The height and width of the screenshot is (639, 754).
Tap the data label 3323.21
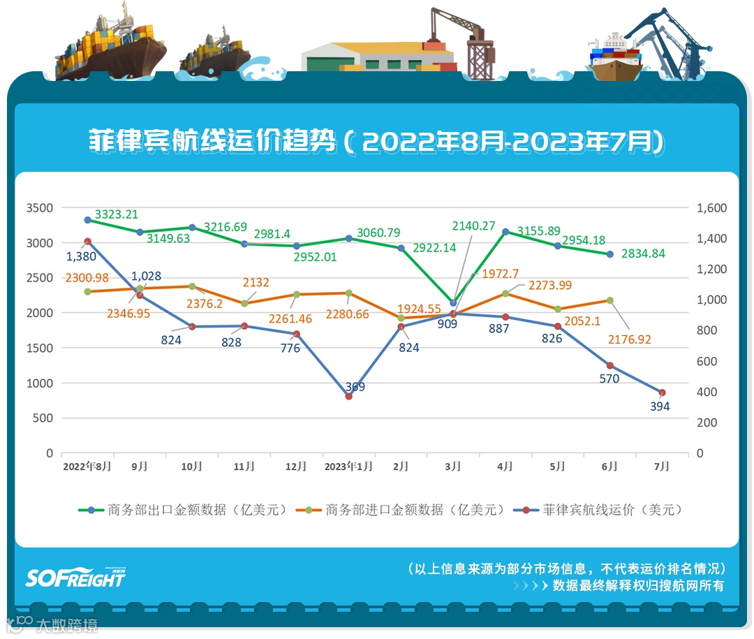(x=117, y=214)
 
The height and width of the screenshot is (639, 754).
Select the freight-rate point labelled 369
(x=348, y=396)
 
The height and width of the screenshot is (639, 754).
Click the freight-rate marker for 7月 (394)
(x=662, y=392)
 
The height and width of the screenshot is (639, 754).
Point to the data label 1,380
(x=80, y=256)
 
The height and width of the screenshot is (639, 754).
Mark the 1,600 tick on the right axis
(x=711, y=208)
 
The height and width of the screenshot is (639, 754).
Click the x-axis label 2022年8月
(x=87, y=467)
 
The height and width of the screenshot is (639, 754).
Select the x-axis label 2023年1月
(x=348, y=467)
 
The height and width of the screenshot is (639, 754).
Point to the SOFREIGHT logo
(x=75, y=577)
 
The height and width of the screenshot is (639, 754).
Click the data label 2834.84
(x=643, y=254)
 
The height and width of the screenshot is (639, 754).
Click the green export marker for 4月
(x=505, y=232)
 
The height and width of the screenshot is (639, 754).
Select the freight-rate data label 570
(x=609, y=379)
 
